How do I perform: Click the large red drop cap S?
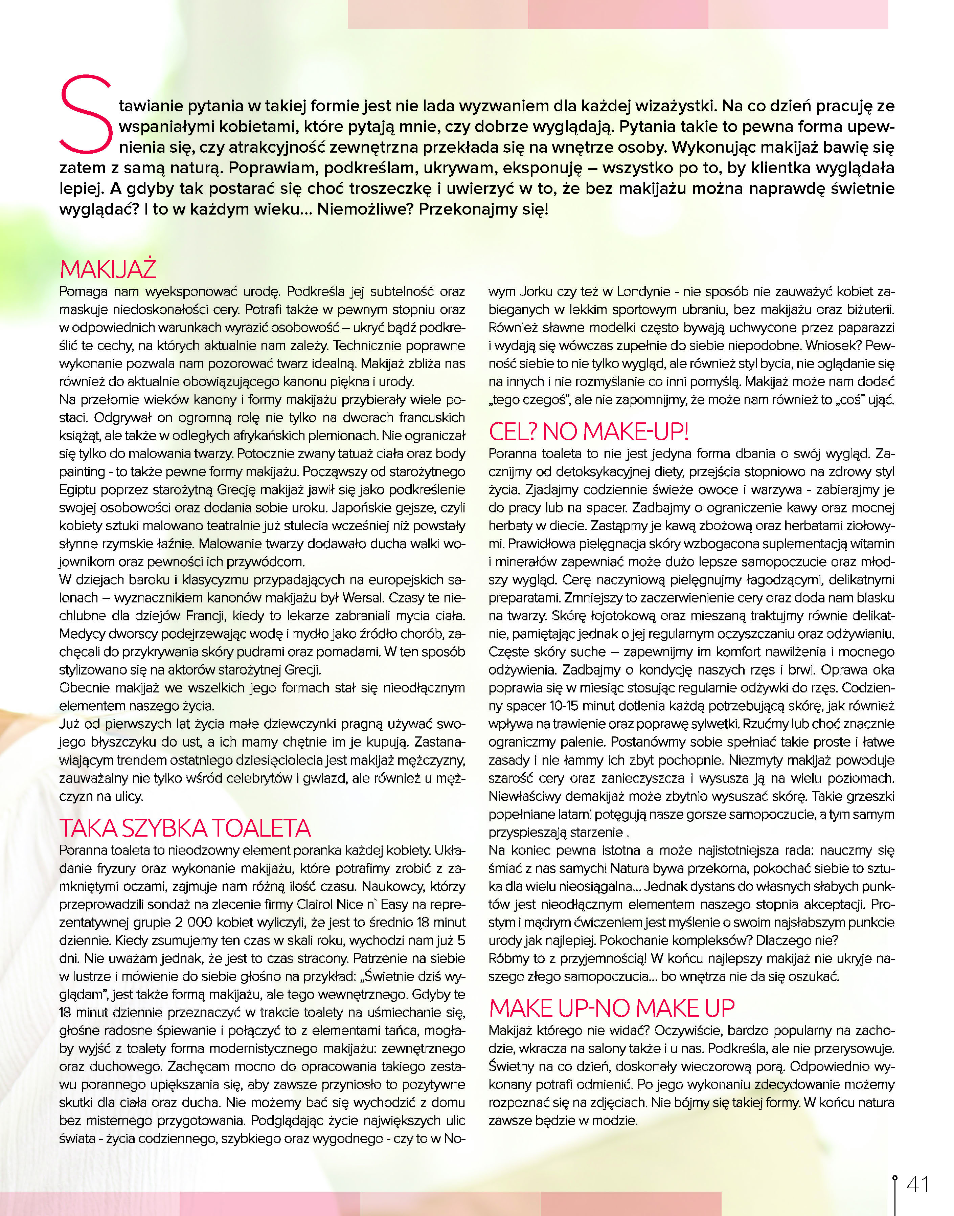pyautogui.click(x=87, y=114)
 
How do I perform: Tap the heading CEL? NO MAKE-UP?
pyautogui.click(x=589, y=432)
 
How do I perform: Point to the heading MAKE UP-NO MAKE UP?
pyautogui.click(x=612, y=1008)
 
